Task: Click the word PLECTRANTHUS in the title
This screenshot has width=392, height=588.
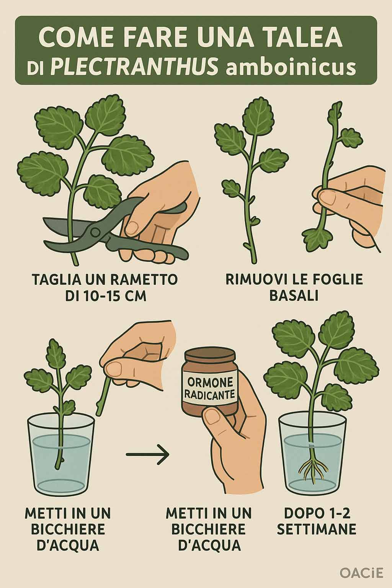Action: [x=134, y=66]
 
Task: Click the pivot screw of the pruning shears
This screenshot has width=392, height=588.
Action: [x=95, y=232]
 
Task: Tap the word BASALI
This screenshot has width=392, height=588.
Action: [x=294, y=296]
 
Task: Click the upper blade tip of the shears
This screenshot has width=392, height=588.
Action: [x=44, y=219]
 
